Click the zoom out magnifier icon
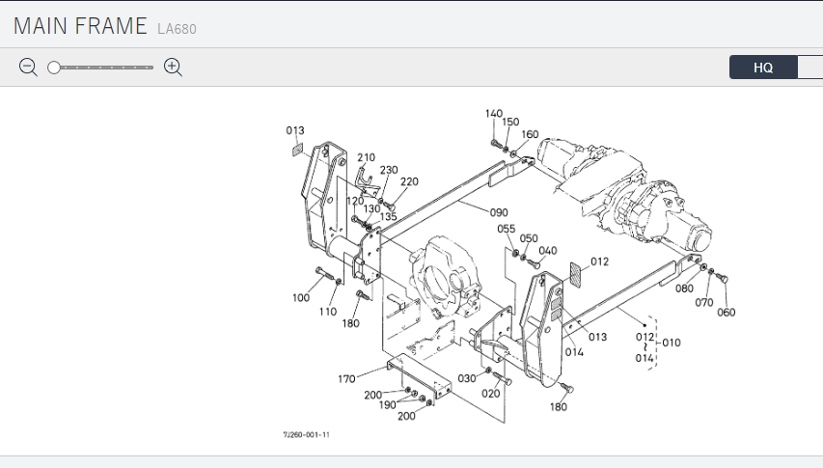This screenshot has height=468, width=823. (x=28, y=67)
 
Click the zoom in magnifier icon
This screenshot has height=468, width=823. (x=174, y=67)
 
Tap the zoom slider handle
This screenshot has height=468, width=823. (x=54, y=68)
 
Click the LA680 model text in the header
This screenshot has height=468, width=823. (x=177, y=29)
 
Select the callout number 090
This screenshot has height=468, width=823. (x=498, y=212)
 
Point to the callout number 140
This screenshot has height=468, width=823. (x=494, y=114)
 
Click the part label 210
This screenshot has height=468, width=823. (x=366, y=157)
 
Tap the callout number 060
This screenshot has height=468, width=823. (x=726, y=312)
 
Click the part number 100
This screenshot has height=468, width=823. (x=301, y=298)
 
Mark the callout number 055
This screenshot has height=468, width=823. (x=507, y=229)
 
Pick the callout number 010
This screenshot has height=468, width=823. (x=672, y=343)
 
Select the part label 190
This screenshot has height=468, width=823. (x=386, y=406)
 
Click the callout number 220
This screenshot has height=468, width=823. (x=409, y=181)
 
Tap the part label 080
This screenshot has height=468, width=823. (x=684, y=289)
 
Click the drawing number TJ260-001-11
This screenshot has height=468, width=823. (x=307, y=435)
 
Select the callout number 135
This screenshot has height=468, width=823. (x=388, y=217)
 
